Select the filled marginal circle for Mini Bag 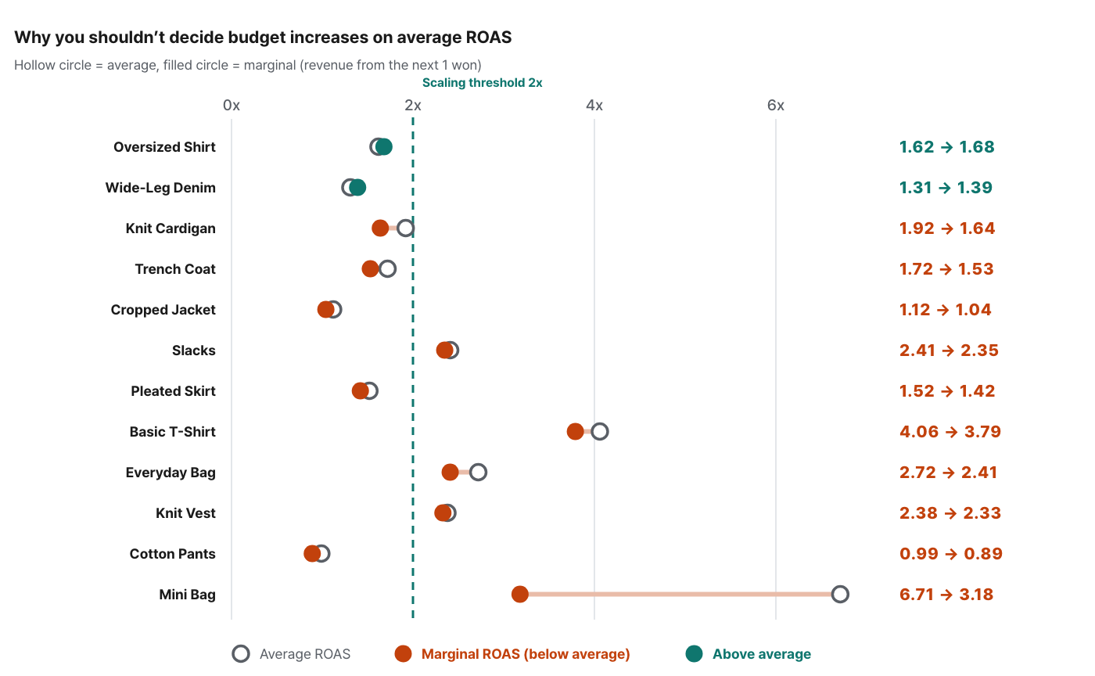click(519, 595)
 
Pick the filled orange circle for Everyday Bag click(450, 472)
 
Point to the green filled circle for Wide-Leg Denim click(357, 187)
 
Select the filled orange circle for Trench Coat click(370, 268)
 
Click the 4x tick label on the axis click(594, 105)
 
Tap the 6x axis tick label click(776, 105)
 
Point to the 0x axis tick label click(232, 105)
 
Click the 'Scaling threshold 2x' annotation click(482, 83)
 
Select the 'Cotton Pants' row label click(172, 554)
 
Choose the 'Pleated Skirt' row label click(173, 391)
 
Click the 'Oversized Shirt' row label click(164, 147)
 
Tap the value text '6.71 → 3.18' click(946, 595)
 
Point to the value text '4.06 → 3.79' click(950, 431)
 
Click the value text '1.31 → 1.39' click(946, 187)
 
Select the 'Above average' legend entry click(748, 654)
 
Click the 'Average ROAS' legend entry click(291, 654)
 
